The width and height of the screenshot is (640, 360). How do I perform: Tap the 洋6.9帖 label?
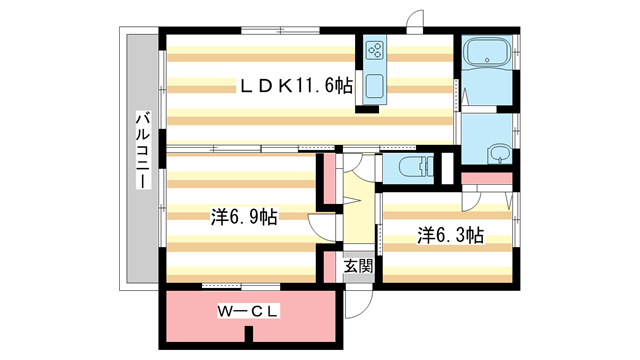point(244,217)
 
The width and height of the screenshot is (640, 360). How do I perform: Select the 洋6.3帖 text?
point(450,236)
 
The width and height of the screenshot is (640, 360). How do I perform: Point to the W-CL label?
point(248,312)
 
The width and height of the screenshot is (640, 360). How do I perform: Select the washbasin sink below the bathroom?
point(497,153)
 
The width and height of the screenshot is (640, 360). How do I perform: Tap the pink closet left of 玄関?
point(327,266)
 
